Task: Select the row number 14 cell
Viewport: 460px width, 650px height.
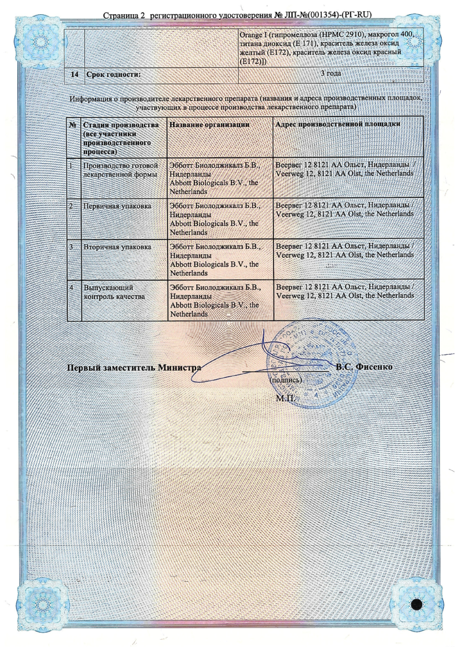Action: click(x=75, y=75)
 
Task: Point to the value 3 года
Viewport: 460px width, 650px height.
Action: click(x=331, y=73)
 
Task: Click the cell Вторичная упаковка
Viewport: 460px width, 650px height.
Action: click(x=118, y=247)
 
